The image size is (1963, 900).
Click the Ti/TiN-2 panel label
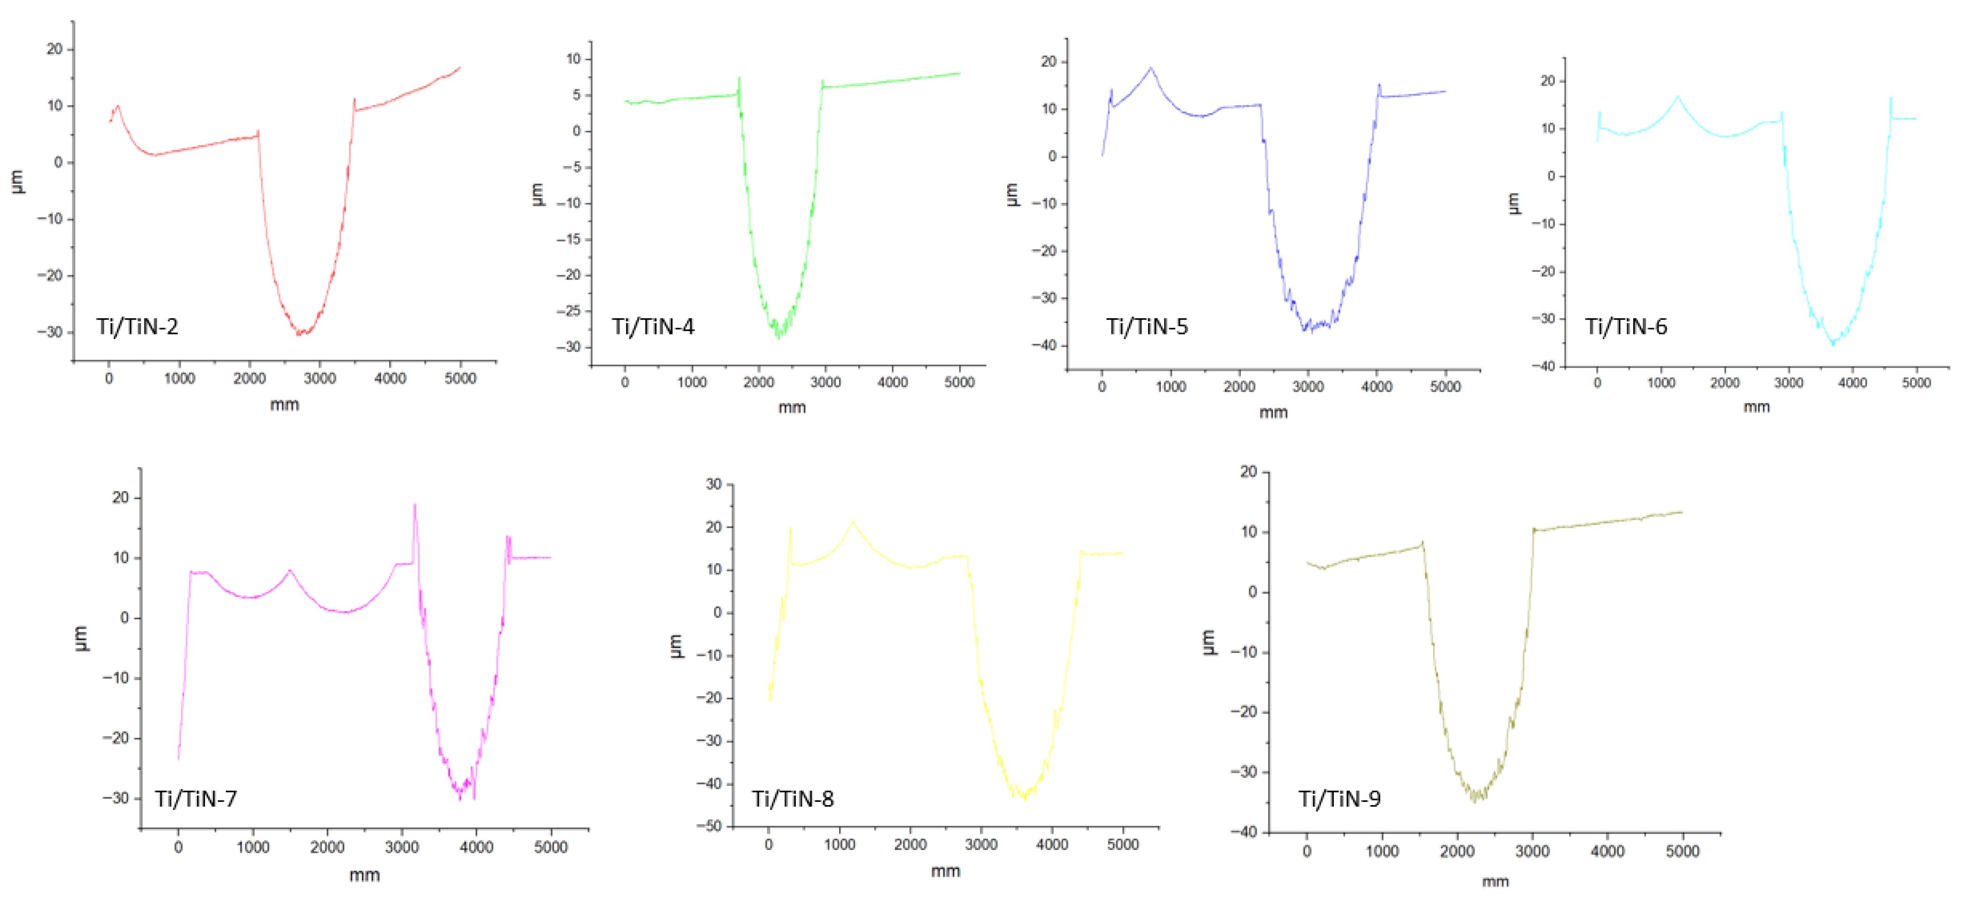coord(137,327)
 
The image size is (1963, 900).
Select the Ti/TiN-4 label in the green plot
coord(653,327)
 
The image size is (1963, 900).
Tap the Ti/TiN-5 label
coord(1147,327)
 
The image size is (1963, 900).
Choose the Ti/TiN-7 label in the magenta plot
coord(196,798)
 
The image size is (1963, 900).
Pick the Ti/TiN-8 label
coord(792,798)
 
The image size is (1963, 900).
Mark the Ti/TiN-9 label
coord(1340,798)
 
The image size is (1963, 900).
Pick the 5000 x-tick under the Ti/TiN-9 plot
coord(1682,851)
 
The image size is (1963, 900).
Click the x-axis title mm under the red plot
coord(284,405)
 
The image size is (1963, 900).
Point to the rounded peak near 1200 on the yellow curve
coord(853,523)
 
